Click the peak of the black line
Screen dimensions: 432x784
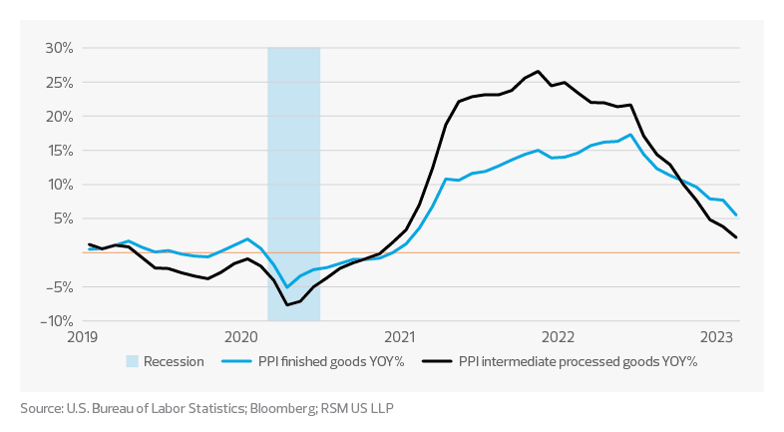point(538,71)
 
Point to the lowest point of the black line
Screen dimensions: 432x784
point(287,304)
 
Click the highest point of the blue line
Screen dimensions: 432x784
point(630,135)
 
